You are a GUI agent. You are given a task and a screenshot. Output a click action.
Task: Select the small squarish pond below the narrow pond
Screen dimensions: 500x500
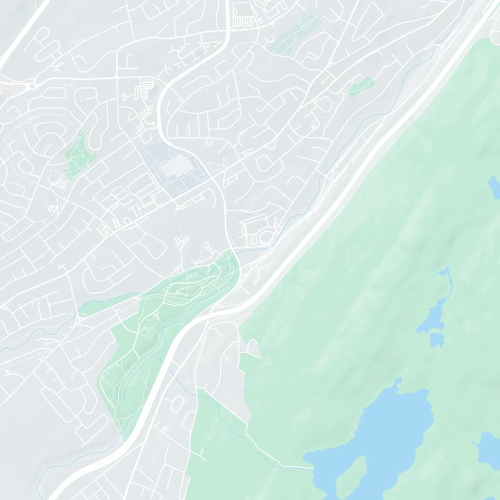click(437, 340)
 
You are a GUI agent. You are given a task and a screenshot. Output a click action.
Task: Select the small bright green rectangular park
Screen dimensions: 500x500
click(361, 87)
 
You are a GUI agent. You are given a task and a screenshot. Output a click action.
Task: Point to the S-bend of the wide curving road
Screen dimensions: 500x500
click(164, 112)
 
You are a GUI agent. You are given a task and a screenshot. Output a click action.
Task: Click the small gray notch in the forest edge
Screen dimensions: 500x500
click(253, 347)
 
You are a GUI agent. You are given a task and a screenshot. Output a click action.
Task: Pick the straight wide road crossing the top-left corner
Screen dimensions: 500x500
click(22, 31)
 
